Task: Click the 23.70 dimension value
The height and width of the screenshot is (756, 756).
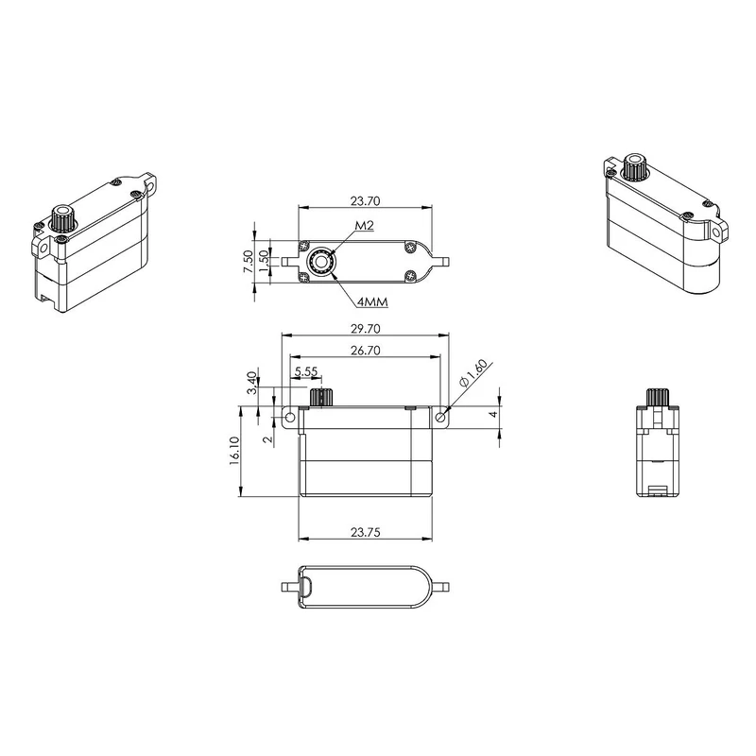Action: point(365,201)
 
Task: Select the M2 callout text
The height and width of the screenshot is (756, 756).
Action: point(365,226)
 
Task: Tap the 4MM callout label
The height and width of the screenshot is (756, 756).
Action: point(372,302)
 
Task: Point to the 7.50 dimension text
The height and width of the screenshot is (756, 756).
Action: point(249,262)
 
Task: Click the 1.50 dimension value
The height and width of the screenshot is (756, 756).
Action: point(264,261)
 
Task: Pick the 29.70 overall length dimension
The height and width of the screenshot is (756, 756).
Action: point(365,329)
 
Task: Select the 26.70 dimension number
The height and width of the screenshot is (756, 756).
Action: point(365,351)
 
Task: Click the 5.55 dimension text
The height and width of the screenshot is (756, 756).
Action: point(306,371)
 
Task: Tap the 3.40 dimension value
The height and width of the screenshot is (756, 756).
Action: point(251,383)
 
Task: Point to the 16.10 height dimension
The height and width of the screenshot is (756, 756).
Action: point(234,451)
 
